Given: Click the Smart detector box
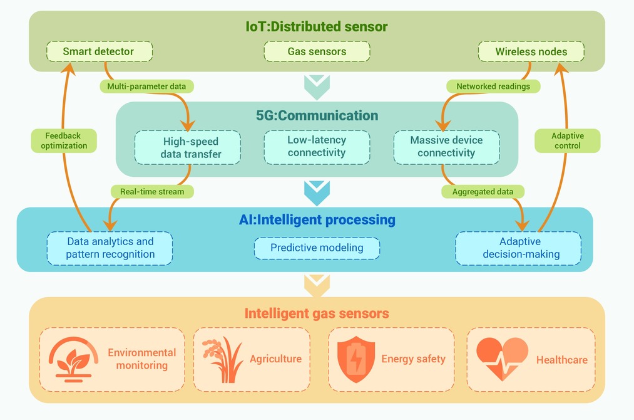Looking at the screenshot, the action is pos(100,51).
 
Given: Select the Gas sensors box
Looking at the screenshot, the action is pos(317,51).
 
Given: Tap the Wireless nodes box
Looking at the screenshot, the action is pos(531,51).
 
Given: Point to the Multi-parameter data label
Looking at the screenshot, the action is pos(147,87).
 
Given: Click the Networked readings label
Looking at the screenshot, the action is pos(493,87).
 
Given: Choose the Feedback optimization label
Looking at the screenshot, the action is pos(64,140).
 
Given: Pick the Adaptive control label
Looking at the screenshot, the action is pos(567,140).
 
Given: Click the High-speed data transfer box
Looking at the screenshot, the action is pos(188,147).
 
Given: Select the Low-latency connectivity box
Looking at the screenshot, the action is pos(317,147).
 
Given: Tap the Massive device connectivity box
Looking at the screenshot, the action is pos(447,147).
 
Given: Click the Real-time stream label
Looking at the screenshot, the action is pos(152,192).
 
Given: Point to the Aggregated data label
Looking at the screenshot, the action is pos(483,192).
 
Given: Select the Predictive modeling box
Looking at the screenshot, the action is pos(317,248).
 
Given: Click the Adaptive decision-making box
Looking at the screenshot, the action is pos(518,248).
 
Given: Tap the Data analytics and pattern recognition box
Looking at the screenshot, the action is pos(110,248).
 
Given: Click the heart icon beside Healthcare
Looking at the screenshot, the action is pos(502,359).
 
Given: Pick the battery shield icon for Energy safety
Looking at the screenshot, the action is pos(356,359).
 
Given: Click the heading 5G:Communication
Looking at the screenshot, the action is pos(317,115).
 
